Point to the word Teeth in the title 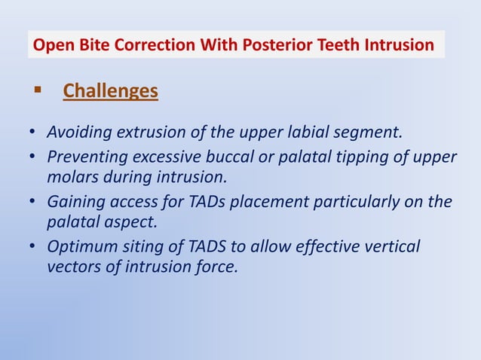(333, 46)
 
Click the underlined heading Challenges (110, 91)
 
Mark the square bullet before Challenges (36, 90)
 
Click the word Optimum (79, 248)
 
